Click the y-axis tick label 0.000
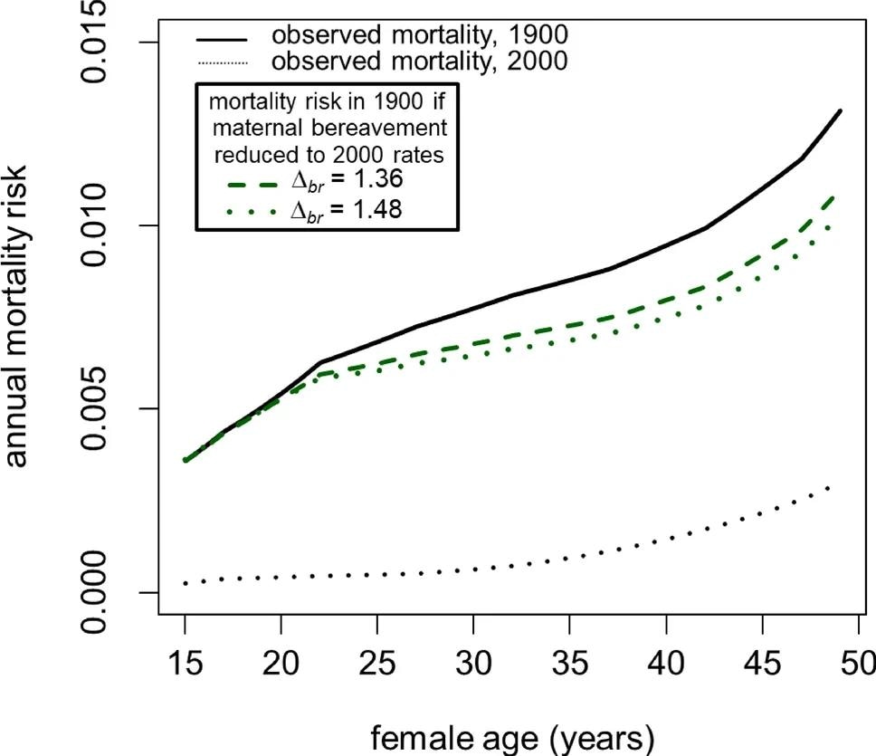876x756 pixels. [96, 592]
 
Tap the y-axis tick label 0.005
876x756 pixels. [96, 408]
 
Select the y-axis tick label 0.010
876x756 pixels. [96, 225]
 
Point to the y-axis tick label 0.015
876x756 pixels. [96, 42]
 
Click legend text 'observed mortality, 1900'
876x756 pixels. [420, 36]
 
